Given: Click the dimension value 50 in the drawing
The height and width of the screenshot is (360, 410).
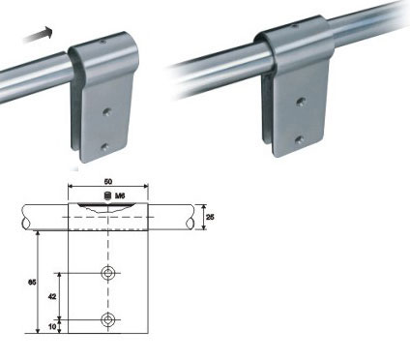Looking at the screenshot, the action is [x=108, y=182].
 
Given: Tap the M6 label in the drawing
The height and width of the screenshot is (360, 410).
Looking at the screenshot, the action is [x=120, y=195].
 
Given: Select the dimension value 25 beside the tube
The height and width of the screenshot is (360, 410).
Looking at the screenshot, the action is [x=210, y=217].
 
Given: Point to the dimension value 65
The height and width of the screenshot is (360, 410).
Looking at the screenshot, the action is [x=32, y=283].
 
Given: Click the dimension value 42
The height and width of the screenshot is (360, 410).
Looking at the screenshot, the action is [x=52, y=296].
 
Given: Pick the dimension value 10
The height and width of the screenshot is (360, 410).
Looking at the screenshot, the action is [x=52, y=326].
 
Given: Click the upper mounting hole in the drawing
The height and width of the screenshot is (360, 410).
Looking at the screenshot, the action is [x=108, y=273].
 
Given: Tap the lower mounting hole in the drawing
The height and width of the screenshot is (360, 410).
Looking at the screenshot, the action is [x=108, y=319].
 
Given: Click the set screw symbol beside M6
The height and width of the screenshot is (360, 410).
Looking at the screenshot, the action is [x=108, y=195].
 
